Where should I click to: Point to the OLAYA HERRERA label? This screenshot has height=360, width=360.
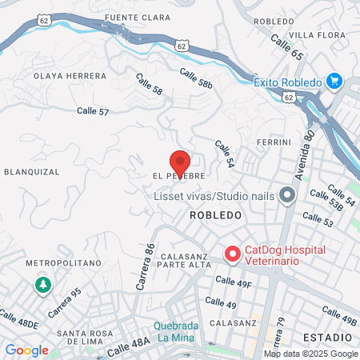point(70,76)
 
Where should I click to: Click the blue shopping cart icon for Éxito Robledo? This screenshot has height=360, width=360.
point(334,82)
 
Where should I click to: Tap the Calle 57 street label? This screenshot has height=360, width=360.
point(93,112)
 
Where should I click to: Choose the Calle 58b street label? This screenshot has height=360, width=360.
point(196,78)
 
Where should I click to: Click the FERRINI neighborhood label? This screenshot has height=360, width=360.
point(273,142)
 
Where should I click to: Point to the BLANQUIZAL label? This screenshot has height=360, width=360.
point(33,171)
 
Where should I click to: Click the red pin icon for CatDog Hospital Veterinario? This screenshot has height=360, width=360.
point(232,254)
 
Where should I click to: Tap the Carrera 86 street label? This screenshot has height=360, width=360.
point(148,266)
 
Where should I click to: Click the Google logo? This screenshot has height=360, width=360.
point(26,350)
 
